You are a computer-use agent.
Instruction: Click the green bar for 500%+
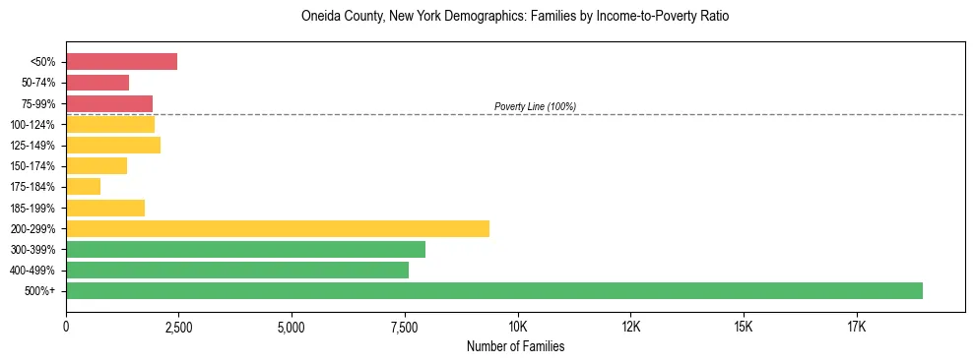point(494,290)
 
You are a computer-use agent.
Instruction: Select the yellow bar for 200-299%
point(278,228)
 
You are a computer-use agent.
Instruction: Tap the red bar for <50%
point(121,62)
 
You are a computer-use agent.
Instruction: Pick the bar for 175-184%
point(84,186)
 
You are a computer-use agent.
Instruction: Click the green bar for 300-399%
point(245,249)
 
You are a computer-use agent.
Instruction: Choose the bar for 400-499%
point(237,270)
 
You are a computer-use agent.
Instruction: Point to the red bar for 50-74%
point(97,83)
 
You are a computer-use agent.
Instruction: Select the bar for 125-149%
point(113,145)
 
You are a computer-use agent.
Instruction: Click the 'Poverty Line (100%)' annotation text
point(535,106)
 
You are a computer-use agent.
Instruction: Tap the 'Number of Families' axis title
point(515,346)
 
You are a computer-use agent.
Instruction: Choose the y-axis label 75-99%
point(38,104)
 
